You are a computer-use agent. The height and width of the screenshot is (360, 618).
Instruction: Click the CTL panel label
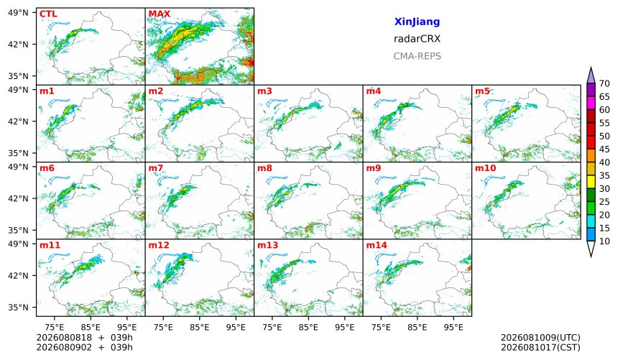tap(48, 14)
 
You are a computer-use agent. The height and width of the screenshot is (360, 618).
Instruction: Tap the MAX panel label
tap(160, 14)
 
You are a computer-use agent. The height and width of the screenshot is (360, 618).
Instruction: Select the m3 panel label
tap(264, 91)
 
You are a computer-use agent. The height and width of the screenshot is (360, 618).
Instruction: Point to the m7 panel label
tap(156, 168)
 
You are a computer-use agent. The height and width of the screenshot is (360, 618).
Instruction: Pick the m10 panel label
tap(485, 168)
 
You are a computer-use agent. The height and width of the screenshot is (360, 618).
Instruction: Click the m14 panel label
tap(377, 245)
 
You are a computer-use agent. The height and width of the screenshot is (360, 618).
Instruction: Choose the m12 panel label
tap(158, 245)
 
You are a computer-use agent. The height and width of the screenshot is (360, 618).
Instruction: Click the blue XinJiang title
tap(417, 22)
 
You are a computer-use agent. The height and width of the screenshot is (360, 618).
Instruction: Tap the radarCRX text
tap(417, 39)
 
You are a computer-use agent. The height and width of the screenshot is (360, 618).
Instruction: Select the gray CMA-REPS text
tap(417, 56)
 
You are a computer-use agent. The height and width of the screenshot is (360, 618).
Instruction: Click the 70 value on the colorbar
tap(604, 83)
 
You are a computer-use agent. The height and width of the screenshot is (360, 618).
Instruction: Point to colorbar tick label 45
tap(604, 149)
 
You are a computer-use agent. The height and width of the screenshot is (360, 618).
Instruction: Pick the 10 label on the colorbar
tap(604, 241)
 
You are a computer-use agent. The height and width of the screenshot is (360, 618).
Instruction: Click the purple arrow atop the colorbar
tap(591, 75)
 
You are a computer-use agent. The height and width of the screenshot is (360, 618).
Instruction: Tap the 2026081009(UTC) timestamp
tap(540, 338)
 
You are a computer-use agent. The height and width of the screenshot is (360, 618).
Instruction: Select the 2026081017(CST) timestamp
tap(540, 348)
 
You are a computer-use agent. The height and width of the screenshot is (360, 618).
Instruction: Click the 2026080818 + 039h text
tap(84, 338)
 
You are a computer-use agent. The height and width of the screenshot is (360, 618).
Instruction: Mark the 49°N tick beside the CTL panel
tap(18, 13)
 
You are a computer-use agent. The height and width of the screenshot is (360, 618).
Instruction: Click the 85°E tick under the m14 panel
tap(417, 327)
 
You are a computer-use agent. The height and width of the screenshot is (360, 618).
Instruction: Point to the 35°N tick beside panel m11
tap(18, 308)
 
